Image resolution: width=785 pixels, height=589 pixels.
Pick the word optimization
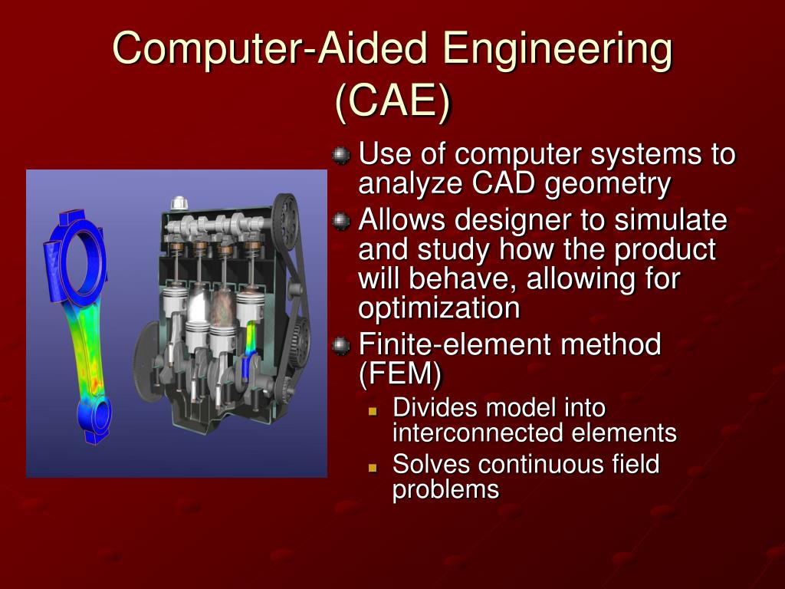439,308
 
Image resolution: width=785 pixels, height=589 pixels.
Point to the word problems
445,489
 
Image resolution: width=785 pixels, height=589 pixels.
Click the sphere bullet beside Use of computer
340,156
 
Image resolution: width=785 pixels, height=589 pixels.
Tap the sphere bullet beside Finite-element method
340,346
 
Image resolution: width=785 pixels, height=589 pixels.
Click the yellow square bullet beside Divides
373,410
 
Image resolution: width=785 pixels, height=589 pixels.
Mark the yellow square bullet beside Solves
373,466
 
